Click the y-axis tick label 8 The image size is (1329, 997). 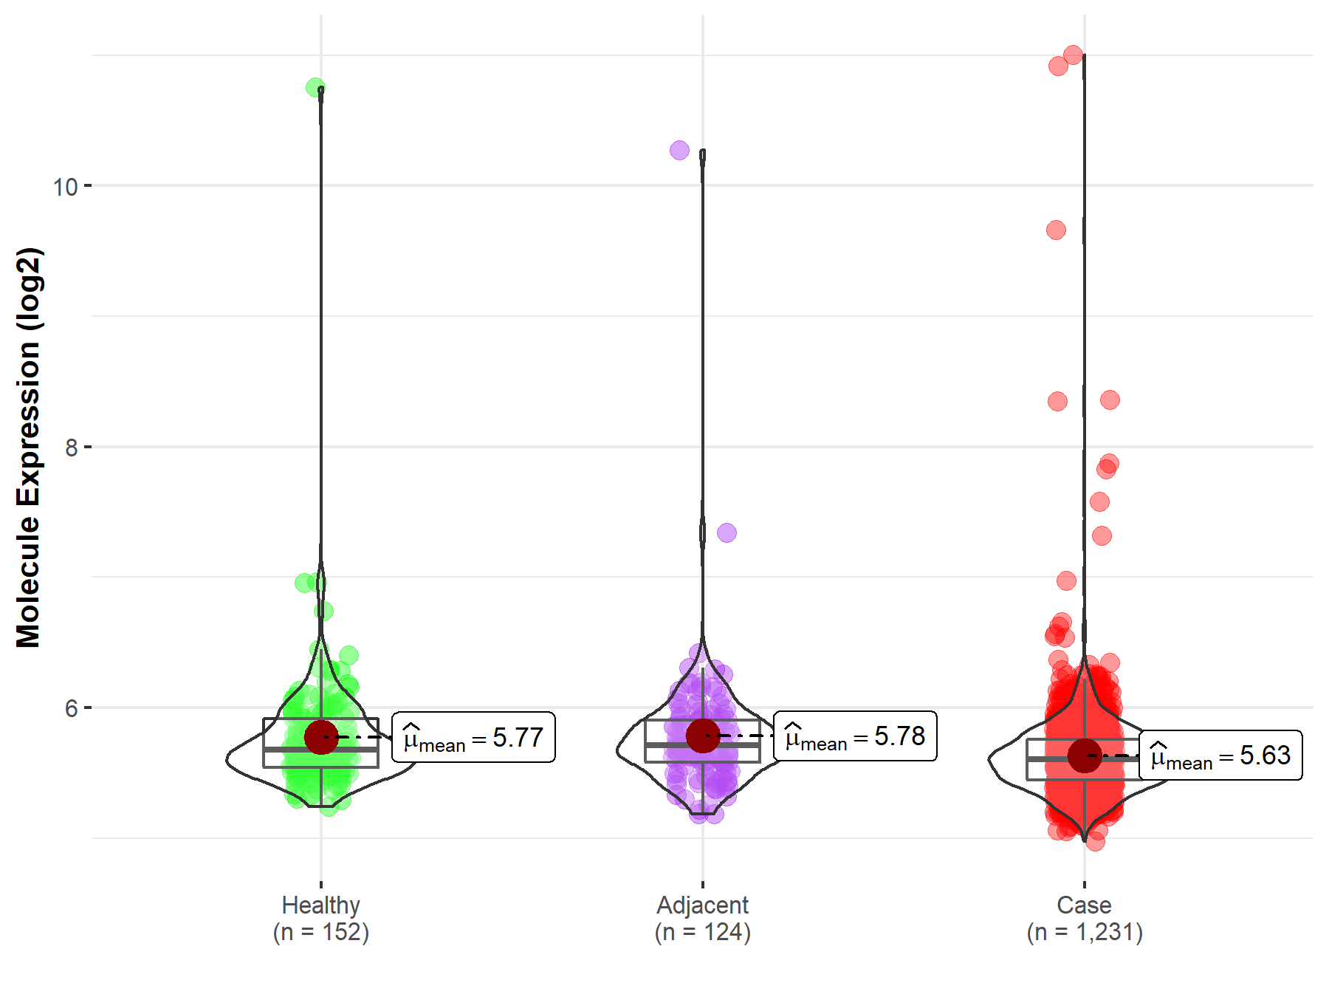point(71,448)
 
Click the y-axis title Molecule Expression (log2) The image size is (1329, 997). point(28,448)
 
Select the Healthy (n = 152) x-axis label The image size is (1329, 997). point(320,918)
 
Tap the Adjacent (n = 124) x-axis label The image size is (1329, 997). point(702,918)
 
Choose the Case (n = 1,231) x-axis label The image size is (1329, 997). point(1084,918)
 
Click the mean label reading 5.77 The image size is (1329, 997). point(473,738)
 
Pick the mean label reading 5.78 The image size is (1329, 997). point(855,736)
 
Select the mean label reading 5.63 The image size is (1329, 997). point(1220,756)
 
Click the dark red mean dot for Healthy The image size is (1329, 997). point(321,737)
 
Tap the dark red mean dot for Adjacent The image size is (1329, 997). point(703,736)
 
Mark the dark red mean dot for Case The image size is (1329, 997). point(1085,755)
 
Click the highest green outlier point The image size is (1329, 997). point(315,87)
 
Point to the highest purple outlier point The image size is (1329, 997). point(679,151)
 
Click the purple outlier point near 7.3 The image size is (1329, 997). point(727,532)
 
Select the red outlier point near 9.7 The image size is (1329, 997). point(1056,230)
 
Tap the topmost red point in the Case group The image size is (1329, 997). point(1073,55)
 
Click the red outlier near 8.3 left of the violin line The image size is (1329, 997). point(1057,401)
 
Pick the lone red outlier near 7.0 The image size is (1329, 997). point(1066,580)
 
